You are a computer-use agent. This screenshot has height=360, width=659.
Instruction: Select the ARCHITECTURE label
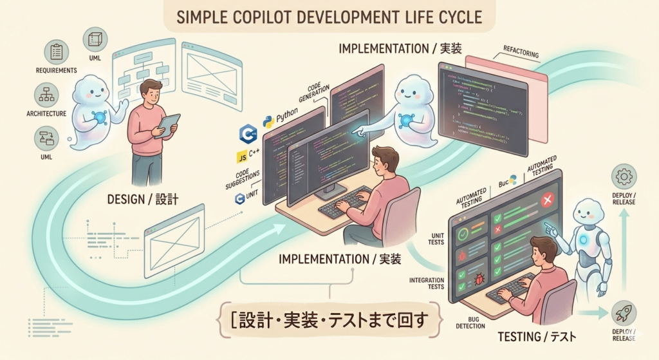click(x=47, y=114)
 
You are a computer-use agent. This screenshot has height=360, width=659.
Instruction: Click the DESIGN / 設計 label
click(x=142, y=201)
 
